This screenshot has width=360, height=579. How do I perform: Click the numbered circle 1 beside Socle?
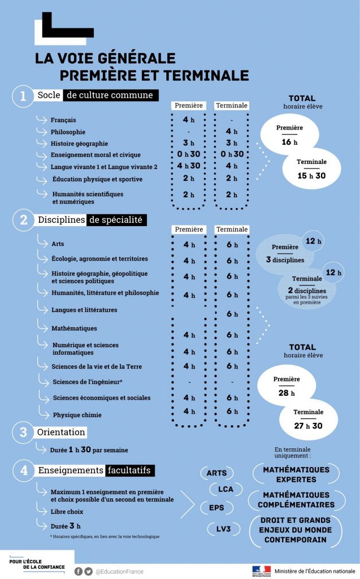point(23,96)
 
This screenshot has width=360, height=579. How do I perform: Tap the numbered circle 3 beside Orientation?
point(23,433)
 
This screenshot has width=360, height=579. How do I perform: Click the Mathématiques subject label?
point(74,328)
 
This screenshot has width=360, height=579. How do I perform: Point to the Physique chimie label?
point(77,415)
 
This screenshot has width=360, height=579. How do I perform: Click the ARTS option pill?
point(216,473)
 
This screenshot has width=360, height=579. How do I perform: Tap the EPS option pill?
point(216,507)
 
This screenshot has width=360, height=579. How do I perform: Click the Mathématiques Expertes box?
point(296,474)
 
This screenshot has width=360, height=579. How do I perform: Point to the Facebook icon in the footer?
point(79,571)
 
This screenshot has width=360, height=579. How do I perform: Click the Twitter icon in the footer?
point(89,571)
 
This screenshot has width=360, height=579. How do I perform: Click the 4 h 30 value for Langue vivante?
point(189,166)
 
